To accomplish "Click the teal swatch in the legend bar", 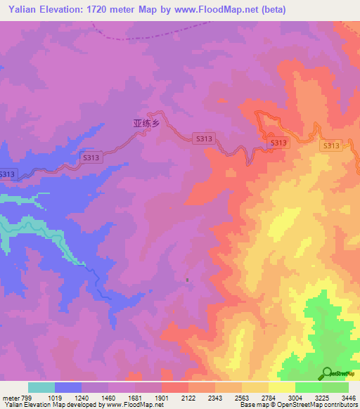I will (41, 387).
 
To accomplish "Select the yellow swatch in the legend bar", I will (281, 387).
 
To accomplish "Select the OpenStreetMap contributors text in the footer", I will (316, 405).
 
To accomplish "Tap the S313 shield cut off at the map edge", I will (6, 174).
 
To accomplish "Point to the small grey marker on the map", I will (187, 280).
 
